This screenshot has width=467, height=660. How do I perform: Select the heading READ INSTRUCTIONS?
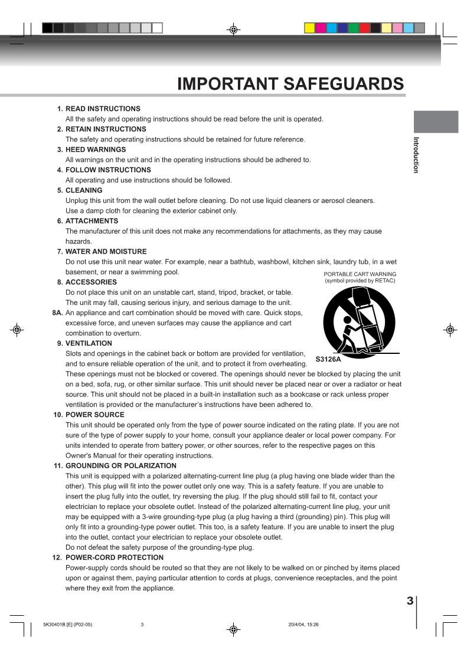[x=102, y=109]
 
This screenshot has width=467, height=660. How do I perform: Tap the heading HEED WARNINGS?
[x=95, y=150]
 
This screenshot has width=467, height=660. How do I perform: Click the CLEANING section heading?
[x=83, y=191]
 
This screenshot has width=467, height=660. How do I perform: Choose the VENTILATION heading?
[x=88, y=343]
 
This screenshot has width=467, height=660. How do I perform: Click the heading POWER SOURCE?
[x=94, y=415]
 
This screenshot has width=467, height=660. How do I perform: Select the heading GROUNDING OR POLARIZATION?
[x=120, y=466]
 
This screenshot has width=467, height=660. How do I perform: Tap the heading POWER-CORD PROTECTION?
[x=114, y=557]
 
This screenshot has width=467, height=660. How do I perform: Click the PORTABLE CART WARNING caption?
[x=360, y=274]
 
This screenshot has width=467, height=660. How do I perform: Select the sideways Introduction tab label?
[x=416, y=155]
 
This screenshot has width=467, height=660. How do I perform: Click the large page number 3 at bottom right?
[x=410, y=602]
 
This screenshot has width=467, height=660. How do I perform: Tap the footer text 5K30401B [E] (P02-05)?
[x=67, y=625]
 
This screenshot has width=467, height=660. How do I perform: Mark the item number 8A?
[x=58, y=313]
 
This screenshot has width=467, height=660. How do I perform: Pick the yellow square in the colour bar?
[x=309, y=28]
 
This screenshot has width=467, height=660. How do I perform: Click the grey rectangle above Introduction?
[x=435, y=122]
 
